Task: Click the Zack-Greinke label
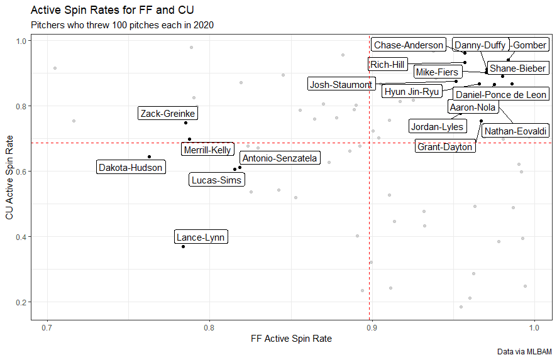tap(168, 114)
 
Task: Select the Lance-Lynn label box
tap(201, 237)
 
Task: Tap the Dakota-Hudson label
tap(131, 168)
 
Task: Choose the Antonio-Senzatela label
tap(280, 158)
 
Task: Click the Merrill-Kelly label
tap(207, 150)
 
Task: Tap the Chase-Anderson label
tap(408, 45)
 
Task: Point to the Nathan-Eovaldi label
tap(516, 132)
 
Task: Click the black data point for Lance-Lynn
tap(183, 246)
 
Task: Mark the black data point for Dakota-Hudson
tap(149, 156)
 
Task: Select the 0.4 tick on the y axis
tap(21, 237)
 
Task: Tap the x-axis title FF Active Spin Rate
tap(291, 339)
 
